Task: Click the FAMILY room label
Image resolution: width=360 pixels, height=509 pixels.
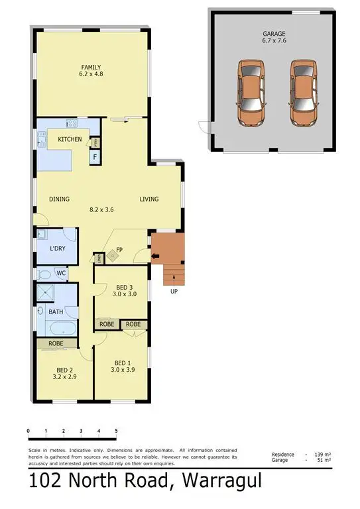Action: (91, 68)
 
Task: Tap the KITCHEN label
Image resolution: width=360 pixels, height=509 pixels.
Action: (70, 139)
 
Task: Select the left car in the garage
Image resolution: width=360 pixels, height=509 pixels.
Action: (250, 94)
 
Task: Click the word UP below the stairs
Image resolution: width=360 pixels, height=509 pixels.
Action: (174, 290)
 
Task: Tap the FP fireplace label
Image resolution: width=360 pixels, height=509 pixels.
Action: (120, 250)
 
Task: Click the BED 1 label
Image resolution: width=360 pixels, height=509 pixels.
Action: (122, 363)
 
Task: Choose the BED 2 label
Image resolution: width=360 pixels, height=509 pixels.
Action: (64, 369)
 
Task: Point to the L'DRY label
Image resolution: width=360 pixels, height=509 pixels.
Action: (58, 249)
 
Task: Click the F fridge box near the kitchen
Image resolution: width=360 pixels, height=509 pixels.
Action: (95, 158)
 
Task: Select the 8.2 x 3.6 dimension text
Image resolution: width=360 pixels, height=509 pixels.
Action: (102, 209)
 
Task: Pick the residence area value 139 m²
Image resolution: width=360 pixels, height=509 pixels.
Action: (324, 455)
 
